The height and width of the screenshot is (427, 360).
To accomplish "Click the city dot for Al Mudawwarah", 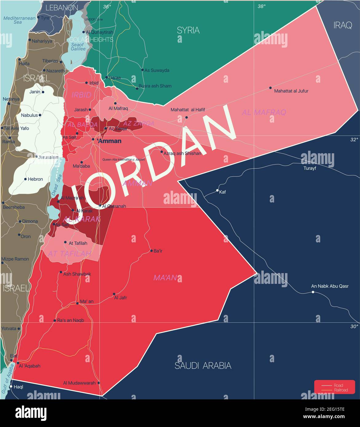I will coord(99,383).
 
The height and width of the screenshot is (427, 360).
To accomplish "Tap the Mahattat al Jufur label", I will coord(291,91).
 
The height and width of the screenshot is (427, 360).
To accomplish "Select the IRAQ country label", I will coord(342,25).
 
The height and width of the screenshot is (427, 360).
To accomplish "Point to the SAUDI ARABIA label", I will coord(203,366).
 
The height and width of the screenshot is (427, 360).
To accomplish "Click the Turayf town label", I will coord(310,168).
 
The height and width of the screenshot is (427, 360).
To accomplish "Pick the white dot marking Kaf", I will coord(217,191).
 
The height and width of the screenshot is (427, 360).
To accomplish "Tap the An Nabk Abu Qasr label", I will coord(330,286).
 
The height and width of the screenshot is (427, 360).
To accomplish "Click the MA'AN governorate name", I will coord(165,278).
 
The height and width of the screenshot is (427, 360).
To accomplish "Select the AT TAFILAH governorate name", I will coord(69,253).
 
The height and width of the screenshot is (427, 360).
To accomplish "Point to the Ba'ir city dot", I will coord(151,251).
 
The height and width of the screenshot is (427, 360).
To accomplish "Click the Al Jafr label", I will coord(120,297).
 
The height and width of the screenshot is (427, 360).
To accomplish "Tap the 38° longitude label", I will coord(262,6).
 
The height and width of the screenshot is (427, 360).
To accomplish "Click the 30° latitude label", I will coord(354,326).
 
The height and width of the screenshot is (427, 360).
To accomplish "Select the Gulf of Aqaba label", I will coord(8,379).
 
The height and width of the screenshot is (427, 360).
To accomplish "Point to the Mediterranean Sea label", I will coord(19,20).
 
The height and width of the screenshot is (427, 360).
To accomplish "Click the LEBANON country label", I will coord(61,8).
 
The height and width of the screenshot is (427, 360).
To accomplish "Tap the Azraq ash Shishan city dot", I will coord(162,152).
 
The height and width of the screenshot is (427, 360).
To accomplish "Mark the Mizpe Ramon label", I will coord(15,259).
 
